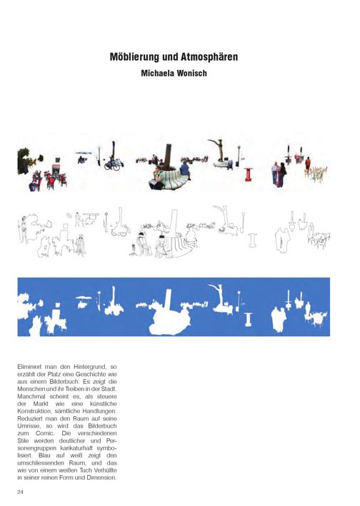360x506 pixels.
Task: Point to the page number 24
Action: click(20, 492)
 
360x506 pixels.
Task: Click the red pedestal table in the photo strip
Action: click(249, 174)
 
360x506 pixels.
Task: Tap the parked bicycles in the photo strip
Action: click(112, 165)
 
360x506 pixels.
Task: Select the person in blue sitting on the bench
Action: click(185, 170)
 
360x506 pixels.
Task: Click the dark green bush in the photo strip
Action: click(24, 161)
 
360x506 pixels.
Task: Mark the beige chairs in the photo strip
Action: click(316, 174)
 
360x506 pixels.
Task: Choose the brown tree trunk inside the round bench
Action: click(168, 157)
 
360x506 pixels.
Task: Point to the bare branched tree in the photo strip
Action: click(218, 149)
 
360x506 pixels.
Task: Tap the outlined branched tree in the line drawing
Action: click(222, 217)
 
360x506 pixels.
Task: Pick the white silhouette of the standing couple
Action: click(279, 320)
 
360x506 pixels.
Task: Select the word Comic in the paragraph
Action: click(45, 433)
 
